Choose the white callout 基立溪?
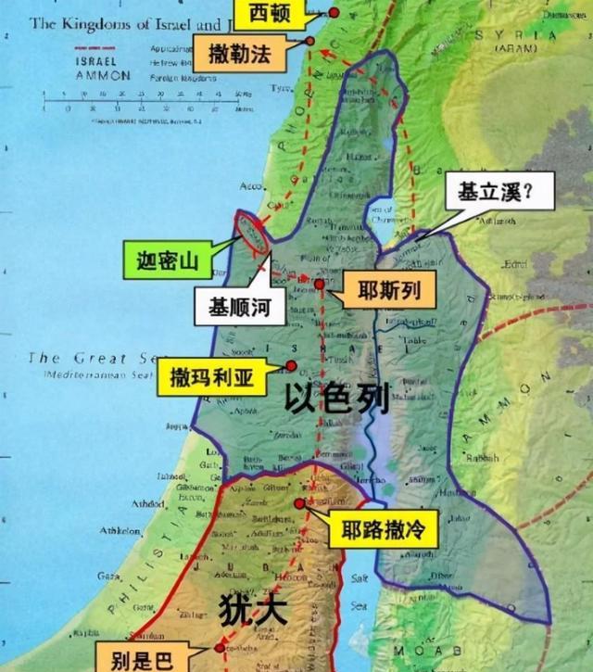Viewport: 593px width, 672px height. [x=500, y=194]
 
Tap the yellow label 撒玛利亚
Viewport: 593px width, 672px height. [x=213, y=377]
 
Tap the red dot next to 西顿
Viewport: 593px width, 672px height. [x=334, y=13]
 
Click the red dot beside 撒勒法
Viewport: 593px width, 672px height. [x=310, y=41]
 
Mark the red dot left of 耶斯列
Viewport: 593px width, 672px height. [x=319, y=283]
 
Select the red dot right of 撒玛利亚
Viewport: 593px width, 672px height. [x=291, y=365]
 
